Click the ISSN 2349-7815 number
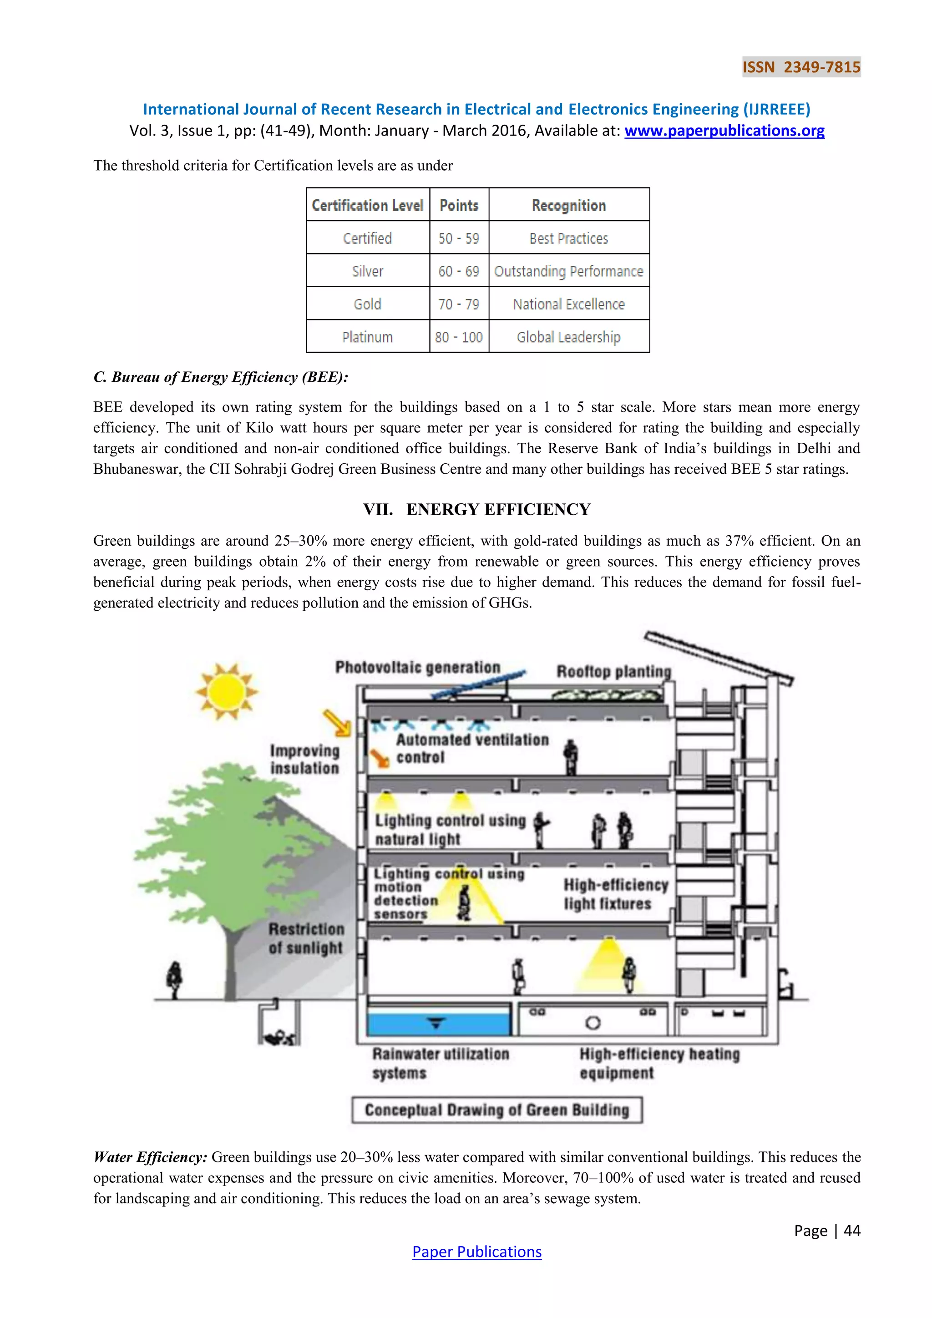801,67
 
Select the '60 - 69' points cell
459,271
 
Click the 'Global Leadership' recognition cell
568,337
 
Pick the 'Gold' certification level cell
367,304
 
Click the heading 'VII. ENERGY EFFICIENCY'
476,509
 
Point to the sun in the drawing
226,692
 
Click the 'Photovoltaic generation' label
418,668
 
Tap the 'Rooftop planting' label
613,672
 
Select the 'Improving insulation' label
305,760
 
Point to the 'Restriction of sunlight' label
306,938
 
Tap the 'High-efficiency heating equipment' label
659,1063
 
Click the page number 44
851,1231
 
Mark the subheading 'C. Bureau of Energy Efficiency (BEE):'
221,377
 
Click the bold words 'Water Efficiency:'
150,1157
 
